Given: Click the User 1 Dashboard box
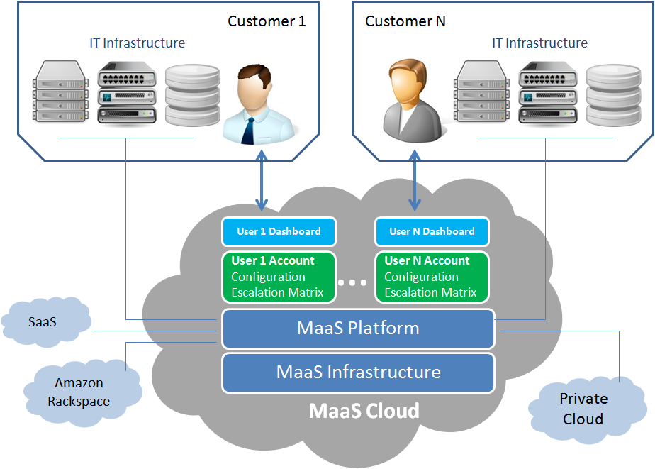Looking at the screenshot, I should (x=279, y=231).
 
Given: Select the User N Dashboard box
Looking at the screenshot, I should (x=432, y=231).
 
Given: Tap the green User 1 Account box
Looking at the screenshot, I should (x=277, y=277).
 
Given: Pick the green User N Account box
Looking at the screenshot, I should (x=431, y=277).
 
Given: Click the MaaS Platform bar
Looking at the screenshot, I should (x=358, y=329).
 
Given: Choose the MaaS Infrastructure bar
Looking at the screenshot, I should (x=358, y=373).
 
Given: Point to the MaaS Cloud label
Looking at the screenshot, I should (x=364, y=411).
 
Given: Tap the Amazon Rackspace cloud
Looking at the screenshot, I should (x=79, y=392).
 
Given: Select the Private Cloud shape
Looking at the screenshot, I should (x=583, y=409).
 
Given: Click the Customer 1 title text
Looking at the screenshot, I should (x=267, y=21).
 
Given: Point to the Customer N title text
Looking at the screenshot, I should (x=405, y=21).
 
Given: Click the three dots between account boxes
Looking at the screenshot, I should (x=352, y=282).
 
